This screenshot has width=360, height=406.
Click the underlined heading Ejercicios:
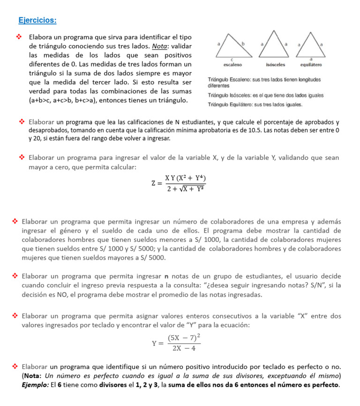37,20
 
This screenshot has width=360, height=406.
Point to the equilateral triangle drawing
310,44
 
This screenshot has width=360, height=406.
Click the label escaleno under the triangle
232,64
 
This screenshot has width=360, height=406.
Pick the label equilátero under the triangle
311,64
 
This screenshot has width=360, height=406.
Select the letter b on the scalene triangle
243,43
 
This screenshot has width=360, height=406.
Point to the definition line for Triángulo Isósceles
266,95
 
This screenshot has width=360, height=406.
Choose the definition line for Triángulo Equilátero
255,105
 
